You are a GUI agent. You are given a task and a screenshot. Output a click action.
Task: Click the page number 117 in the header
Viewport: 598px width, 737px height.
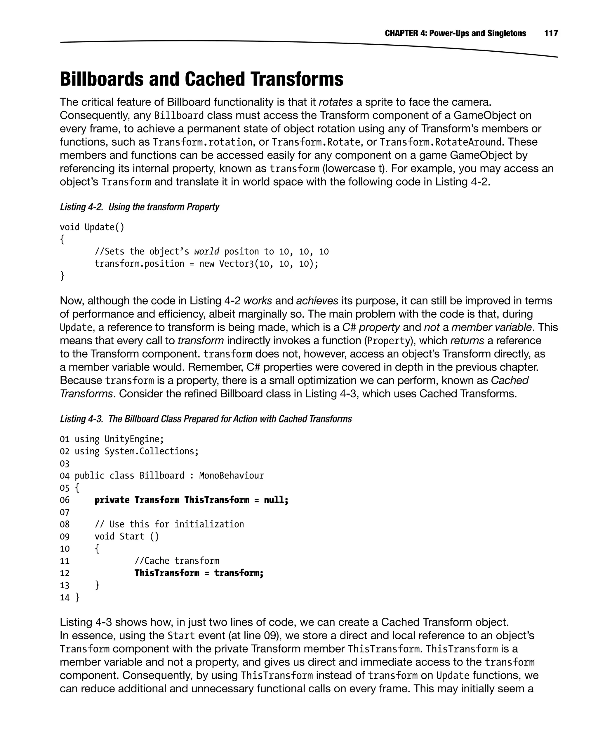click(551, 33)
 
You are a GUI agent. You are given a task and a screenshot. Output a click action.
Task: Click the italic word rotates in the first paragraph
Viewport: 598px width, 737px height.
click(335, 102)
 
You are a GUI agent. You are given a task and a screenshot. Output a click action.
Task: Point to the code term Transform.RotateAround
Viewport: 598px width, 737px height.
click(440, 142)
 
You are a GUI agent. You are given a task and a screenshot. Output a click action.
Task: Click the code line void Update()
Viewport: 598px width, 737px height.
click(92, 227)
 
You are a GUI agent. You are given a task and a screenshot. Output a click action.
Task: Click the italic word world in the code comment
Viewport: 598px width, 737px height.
click(207, 252)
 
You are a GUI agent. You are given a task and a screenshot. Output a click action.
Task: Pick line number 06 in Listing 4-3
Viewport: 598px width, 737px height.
click(65, 500)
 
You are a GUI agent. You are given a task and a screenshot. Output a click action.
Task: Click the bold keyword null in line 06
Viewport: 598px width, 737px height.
click(274, 500)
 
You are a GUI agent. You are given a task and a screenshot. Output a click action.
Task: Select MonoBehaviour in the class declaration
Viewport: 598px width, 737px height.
click(232, 476)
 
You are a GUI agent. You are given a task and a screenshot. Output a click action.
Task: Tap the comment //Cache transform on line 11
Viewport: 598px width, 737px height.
click(177, 561)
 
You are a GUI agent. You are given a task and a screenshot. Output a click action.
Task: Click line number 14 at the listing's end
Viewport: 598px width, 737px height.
click(65, 598)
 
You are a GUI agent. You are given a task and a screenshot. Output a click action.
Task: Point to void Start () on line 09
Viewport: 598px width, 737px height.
click(127, 536)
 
